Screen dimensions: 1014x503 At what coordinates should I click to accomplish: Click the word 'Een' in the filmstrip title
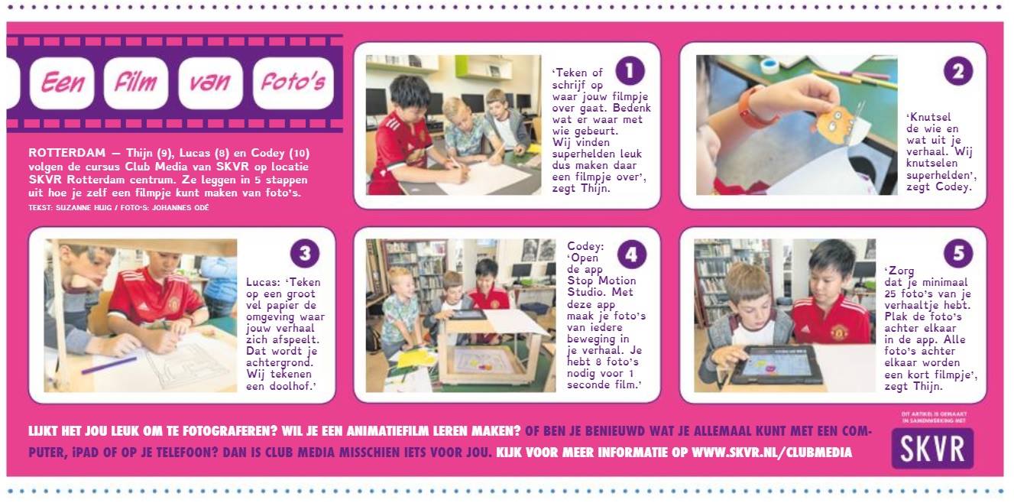click(63, 83)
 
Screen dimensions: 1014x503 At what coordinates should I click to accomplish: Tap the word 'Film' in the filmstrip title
click(136, 83)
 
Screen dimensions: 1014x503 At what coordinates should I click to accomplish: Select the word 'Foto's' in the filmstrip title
click(293, 82)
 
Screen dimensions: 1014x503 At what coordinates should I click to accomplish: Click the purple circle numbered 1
click(630, 71)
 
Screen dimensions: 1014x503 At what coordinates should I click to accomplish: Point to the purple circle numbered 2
click(958, 71)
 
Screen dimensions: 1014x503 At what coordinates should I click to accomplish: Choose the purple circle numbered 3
click(305, 253)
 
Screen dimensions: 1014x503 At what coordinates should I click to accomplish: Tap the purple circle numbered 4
click(631, 254)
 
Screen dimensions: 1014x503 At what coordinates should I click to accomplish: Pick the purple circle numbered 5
click(958, 253)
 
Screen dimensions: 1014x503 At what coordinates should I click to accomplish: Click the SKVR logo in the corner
click(932, 448)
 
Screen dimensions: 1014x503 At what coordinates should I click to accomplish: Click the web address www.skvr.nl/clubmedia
click(772, 453)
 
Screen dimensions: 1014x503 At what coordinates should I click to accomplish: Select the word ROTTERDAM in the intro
click(67, 153)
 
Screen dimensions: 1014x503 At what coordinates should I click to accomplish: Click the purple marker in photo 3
click(109, 365)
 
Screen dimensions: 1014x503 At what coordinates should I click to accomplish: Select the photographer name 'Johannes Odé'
click(180, 208)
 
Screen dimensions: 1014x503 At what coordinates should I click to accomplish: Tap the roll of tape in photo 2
click(770, 65)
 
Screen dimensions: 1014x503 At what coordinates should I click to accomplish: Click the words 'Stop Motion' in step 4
click(601, 281)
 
